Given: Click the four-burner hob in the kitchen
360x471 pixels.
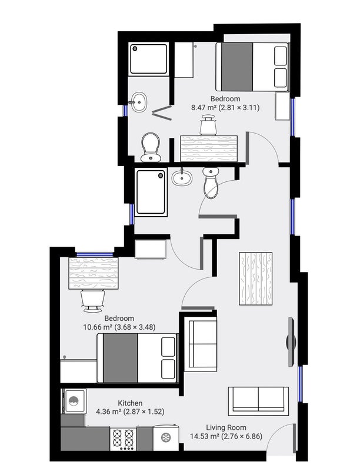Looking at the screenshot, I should pyautogui.click(x=124, y=438).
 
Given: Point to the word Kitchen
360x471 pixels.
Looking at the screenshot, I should pyautogui.click(x=114, y=403).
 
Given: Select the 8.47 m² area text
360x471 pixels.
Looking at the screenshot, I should pyautogui.click(x=203, y=108).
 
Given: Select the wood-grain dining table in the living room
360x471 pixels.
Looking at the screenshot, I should pyautogui.click(x=256, y=278).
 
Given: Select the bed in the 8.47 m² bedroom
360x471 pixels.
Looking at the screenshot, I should pyautogui.click(x=252, y=66).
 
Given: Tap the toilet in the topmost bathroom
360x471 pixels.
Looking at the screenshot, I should pyautogui.click(x=151, y=147).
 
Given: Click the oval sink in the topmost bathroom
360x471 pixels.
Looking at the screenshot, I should pyautogui.click(x=139, y=101).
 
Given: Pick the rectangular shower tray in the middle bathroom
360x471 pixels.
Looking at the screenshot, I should pyautogui.click(x=151, y=193).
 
